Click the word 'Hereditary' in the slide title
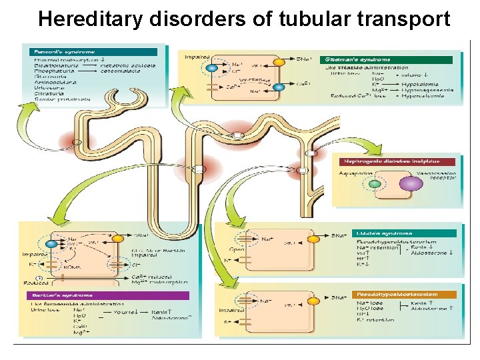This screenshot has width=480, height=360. [x=89, y=19]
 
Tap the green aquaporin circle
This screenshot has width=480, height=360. [x=375, y=183]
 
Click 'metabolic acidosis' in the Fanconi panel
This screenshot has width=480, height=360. [x=129, y=65]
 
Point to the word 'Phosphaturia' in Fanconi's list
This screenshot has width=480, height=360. [x=50, y=71]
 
